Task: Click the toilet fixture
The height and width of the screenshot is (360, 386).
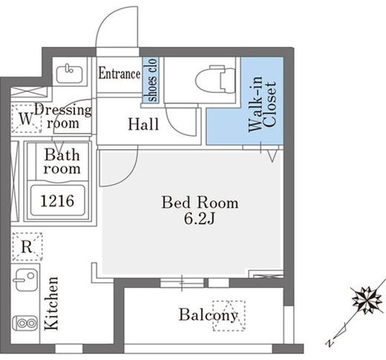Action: (x=215, y=79)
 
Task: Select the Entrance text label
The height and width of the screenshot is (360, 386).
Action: (x=120, y=73)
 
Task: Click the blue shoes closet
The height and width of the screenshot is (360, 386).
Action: (x=150, y=79)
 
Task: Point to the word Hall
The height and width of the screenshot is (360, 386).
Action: (x=143, y=125)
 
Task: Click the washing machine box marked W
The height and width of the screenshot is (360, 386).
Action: (x=26, y=119)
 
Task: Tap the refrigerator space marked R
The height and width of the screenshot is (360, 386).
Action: (x=27, y=246)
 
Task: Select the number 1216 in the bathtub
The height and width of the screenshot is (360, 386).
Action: (x=57, y=201)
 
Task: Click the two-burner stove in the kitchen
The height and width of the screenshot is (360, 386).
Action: (x=24, y=323)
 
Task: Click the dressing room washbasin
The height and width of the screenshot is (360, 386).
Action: (x=70, y=73)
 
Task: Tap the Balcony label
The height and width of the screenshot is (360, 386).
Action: (x=208, y=315)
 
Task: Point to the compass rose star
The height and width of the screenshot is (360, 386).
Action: (x=367, y=299)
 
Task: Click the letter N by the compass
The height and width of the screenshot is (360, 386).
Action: (x=330, y=343)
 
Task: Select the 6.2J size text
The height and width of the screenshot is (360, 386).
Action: (x=199, y=218)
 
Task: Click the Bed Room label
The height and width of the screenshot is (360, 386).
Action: (x=200, y=203)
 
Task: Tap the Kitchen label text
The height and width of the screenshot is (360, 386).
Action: (x=51, y=304)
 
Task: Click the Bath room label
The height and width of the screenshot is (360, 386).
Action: (x=62, y=162)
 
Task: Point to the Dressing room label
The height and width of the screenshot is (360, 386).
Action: (x=63, y=117)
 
